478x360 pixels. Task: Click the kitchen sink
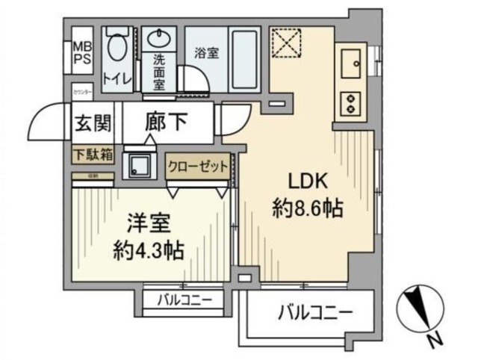pos(349,63)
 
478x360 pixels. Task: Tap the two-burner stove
pos(349,103)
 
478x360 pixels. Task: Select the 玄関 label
pos(92,124)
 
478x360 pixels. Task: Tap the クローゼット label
pos(198,167)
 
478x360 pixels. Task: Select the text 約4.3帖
pos(149,249)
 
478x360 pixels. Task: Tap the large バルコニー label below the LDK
pos(311,311)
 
